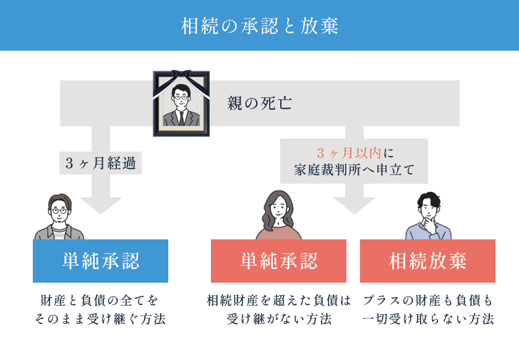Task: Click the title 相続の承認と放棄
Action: [x=260, y=26]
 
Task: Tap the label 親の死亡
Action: [x=260, y=103]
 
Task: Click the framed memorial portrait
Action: [x=181, y=103]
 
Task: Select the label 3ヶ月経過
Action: [x=101, y=163]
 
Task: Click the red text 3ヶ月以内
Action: [x=349, y=153]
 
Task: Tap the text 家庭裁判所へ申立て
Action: [x=354, y=169]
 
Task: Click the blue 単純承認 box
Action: [x=100, y=261]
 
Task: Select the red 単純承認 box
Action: [x=279, y=261]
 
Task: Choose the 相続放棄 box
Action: [x=427, y=261]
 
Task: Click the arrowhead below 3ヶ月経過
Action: [x=101, y=205]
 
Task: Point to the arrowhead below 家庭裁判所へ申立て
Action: [x=354, y=205]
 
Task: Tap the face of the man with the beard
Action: [x=59, y=212]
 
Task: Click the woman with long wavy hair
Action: [x=278, y=215]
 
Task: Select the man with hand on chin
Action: [x=428, y=216]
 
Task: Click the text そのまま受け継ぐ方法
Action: [x=100, y=319]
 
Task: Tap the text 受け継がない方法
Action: [x=279, y=319]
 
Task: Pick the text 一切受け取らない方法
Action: [x=428, y=319]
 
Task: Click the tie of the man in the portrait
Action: [x=181, y=118]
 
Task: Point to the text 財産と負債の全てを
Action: [x=100, y=301]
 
